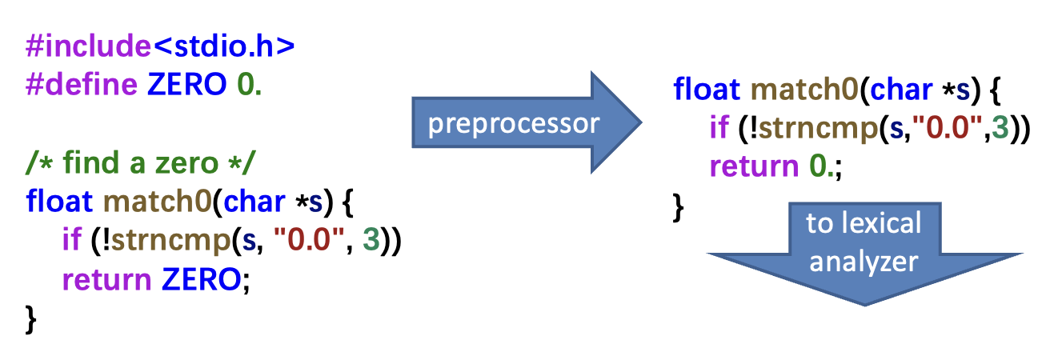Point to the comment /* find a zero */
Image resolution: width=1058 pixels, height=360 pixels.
pos(140,164)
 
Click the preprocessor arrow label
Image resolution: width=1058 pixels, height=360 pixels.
pos(513,123)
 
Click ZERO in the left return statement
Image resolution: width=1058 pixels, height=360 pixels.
pos(200,279)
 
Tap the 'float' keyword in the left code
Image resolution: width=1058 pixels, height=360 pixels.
pos(60,201)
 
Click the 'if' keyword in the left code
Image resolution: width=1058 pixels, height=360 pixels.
pos(71,240)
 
